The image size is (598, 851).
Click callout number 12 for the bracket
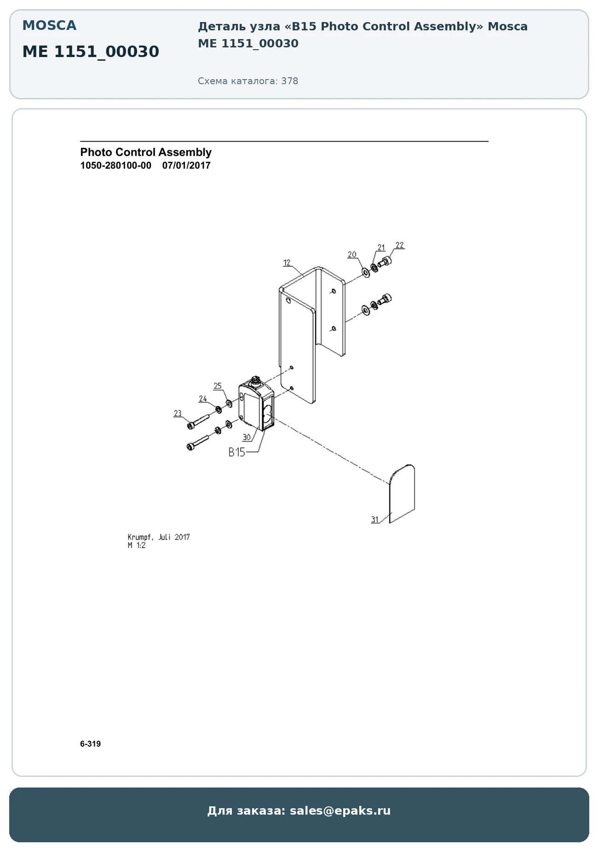(287, 263)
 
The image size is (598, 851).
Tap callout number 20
(352, 254)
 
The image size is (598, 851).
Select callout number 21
(381, 247)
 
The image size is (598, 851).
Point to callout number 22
(400, 245)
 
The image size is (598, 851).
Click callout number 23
(178, 413)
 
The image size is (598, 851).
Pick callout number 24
(203, 399)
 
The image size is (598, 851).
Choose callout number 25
(218, 386)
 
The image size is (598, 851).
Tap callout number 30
(247, 437)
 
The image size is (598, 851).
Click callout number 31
(375, 519)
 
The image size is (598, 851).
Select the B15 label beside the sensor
(237, 452)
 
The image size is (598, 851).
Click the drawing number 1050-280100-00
(116, 166)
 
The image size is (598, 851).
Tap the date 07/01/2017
(186, 166)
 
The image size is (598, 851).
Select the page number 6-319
(91, 744)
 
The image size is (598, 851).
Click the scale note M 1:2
(137, 546)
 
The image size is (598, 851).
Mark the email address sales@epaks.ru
(340, 811)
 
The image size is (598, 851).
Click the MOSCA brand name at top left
(50, 25)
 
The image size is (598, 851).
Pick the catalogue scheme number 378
(290, 81)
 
